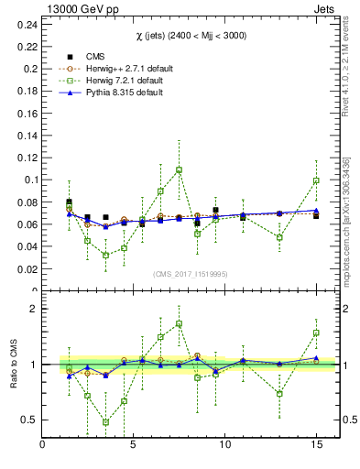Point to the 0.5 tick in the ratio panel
(x=29, y=420)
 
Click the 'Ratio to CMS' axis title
(x=12, y=365)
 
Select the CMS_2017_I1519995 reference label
(x=191, y=274)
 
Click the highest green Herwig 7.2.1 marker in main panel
(x=179, y=169)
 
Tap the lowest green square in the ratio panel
(x=105, y=422)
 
